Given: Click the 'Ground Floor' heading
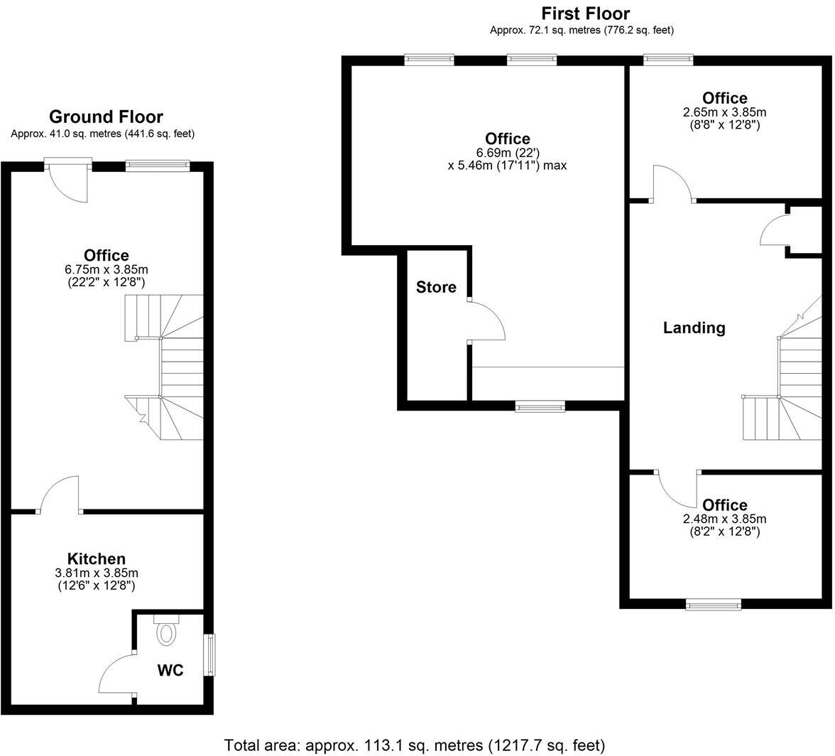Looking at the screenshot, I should (106, 117).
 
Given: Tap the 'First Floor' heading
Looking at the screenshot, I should (585, 13).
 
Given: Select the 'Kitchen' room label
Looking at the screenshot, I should (97, 558).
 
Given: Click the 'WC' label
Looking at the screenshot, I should (170, 670).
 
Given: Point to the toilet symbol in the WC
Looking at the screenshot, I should (166, 631).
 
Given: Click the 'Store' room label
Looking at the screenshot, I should (436, 287).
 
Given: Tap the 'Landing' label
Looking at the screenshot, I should (694, 328).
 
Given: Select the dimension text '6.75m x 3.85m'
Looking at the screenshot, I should (106, 269).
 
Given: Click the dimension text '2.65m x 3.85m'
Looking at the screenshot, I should (724, 112).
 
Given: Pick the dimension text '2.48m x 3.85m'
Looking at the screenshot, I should (724, 519).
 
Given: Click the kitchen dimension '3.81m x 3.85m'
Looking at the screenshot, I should (97, 573).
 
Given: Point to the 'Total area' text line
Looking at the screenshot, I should (415, 745).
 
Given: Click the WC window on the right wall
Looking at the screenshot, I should (210, 655).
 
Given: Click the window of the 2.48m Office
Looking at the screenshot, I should (713, 605).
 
